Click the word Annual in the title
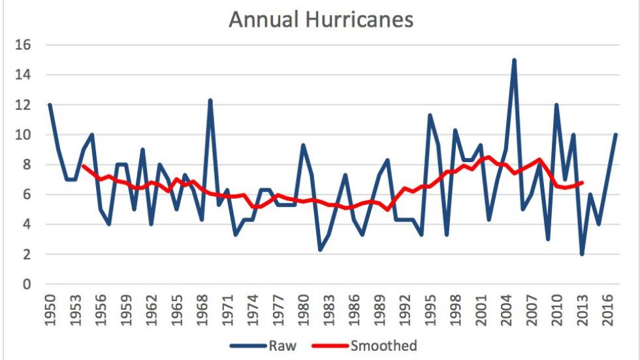(261, 20)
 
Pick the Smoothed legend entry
(383, 346)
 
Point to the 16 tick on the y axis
(25, 45)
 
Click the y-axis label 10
(25, 135)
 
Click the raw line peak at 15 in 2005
(515, 60)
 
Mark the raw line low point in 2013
(582, 254)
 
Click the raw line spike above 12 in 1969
(210, 101)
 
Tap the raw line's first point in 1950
(50, 105)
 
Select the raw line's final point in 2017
(616, 135)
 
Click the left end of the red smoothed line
(84, 166)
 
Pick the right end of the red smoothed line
(582, 182)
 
